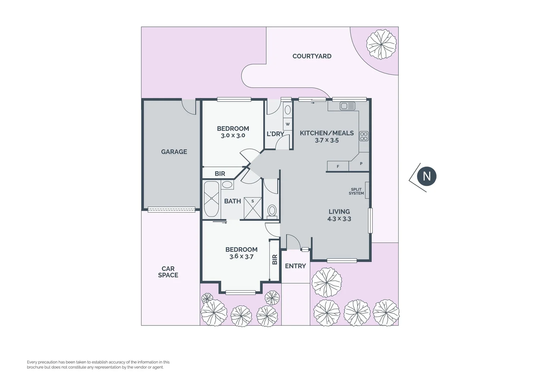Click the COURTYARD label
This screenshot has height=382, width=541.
pos(312,56)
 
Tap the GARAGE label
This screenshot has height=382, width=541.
pos(174,152)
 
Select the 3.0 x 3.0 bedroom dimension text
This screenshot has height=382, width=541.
pos(233,135)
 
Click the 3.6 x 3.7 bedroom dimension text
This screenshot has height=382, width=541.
pos(241,257)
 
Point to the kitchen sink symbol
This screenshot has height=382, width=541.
pos(347,106)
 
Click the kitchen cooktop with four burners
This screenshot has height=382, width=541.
pos(364,136)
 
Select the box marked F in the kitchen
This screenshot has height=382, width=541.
pos(338,166)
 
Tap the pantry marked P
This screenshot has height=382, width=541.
pos(361,164)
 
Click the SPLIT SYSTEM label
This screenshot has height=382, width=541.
pos(356,191)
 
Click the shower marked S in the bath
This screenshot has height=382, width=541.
pos(253,208)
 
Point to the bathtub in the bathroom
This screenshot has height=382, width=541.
pos(211,199)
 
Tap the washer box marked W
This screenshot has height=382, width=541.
pos(287,124)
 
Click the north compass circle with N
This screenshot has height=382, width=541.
pos(426,176)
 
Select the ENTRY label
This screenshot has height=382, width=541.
pos(295,266)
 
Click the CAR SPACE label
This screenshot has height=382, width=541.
pos(168,272)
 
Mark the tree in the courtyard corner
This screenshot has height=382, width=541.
pos(381,44)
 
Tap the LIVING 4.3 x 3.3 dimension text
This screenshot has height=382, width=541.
pos(339,219)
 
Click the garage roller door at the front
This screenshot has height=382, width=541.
pos(171,209)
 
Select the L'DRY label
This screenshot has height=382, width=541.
pos(275,134)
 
